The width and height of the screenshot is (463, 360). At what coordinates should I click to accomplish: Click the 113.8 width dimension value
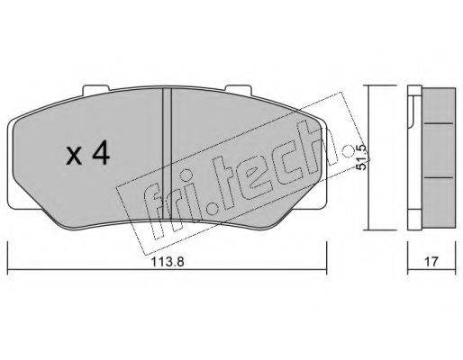(x=167, y=262)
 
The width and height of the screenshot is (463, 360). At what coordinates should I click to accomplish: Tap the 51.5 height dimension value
(x=361, y=157)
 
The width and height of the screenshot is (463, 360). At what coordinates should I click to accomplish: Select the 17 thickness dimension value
(x=431, y=262)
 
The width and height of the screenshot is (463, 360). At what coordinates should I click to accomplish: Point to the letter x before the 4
(x=74, y=157)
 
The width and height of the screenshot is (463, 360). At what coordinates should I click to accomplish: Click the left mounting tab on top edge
(x=95, y=89)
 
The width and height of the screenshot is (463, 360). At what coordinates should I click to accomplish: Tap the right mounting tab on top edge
(x=238, y=89)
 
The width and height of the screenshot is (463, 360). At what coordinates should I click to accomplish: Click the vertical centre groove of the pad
(x=167, y=154)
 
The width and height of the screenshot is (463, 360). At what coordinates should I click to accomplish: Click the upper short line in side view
(x=438, y=123)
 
